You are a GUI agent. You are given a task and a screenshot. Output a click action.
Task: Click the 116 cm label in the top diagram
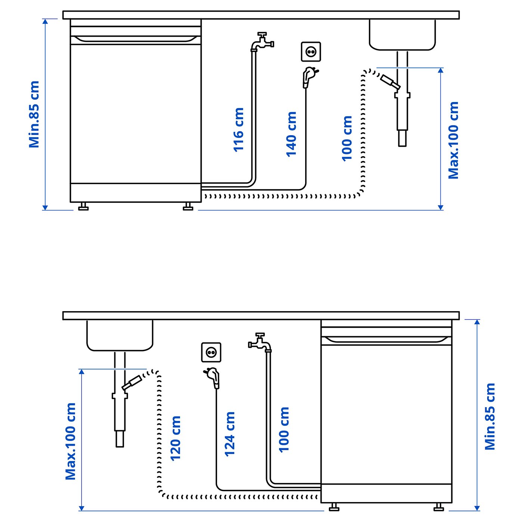point(238,130)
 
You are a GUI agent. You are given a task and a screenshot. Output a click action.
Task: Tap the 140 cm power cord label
point(291,134)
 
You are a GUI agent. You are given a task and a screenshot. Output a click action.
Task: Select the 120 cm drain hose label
point(175,438)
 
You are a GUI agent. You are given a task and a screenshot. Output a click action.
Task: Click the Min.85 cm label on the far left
point(34,114)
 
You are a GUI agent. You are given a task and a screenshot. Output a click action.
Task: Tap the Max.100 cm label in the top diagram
point(453,140)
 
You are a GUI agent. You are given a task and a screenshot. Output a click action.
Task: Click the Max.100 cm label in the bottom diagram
point(70,441)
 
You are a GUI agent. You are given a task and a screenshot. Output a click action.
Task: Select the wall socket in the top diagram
point(311,52)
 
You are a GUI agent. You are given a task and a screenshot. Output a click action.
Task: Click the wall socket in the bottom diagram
point(211,352)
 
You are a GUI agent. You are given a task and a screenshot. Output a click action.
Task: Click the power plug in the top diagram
point(309,77)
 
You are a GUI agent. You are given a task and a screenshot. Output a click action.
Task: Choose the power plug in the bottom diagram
point(213,377)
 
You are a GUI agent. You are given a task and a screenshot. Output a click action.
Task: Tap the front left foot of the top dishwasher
point(83,207)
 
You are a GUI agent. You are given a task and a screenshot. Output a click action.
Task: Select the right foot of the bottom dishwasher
point(439,507)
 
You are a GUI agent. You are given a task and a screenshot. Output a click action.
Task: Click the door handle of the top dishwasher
point(136,39)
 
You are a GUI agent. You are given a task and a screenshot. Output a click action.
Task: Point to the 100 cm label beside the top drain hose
point(347,139)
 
